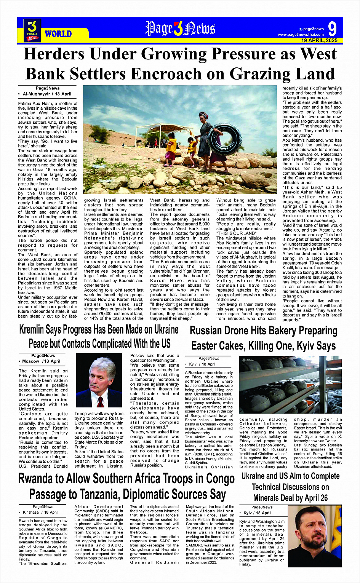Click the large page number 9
[332, 29]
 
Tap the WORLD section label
[58, 34]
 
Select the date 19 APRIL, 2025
[319, 40]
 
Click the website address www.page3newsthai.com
[301, 35]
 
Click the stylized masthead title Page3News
[180, 29]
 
